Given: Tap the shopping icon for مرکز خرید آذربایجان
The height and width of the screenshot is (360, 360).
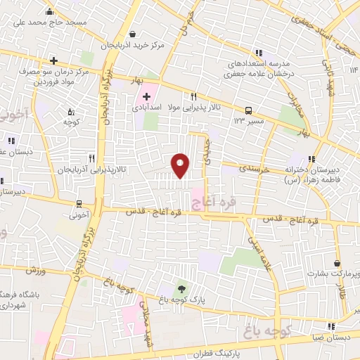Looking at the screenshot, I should [x=133, y=34].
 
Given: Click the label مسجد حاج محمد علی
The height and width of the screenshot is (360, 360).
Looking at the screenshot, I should [x=49, y=22].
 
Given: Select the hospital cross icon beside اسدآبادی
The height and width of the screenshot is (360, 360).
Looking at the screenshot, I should [x=146, y=96].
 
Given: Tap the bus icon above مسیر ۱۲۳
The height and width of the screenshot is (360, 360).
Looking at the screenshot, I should [x=247, y=110].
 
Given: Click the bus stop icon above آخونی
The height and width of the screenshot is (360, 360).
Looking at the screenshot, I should [x=80, y=205].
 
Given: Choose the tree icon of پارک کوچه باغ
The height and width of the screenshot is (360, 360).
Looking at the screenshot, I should [x=182, y=289].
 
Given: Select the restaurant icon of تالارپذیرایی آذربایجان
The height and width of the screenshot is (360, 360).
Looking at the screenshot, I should [x=91, y=158].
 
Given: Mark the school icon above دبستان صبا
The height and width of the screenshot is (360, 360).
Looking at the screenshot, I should [x=330, y=326].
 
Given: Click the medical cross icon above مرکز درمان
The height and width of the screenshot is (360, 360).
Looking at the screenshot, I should [x=53, y=61].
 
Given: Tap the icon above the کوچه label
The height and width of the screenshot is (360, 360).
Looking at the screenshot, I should [x=70, y=111].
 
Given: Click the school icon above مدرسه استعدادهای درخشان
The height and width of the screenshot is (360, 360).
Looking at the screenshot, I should [x=259, y=52].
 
